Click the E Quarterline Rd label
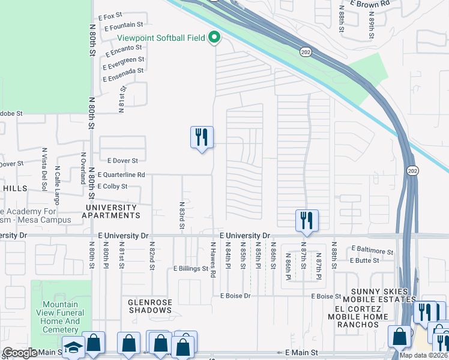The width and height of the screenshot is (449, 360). click(121, 175)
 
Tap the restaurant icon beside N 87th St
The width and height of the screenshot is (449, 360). click(307, 220)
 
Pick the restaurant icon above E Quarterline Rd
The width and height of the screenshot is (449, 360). click(201, 137)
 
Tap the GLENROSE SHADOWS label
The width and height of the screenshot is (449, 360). click(150, 306)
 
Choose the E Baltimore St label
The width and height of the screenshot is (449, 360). click(372, 248)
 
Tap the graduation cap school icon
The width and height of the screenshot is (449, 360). click(73, 349)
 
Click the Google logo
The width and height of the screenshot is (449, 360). click(19, 353)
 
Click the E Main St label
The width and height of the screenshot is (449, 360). click(301, 353)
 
